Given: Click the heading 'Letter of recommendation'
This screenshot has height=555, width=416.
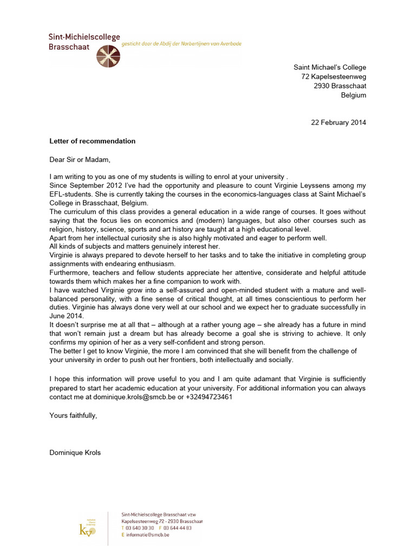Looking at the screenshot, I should click(x=92, y=141).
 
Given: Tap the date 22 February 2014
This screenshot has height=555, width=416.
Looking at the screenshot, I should click(x=338, y=122).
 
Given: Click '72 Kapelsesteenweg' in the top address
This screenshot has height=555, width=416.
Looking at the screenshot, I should click(x=334, y=76).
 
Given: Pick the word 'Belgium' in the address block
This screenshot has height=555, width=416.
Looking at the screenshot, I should click(x=353, y=95).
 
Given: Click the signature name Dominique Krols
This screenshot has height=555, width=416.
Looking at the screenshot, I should click(x=76, y=451).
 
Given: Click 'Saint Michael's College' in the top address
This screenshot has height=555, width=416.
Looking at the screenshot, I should click(x=329, y=67).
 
